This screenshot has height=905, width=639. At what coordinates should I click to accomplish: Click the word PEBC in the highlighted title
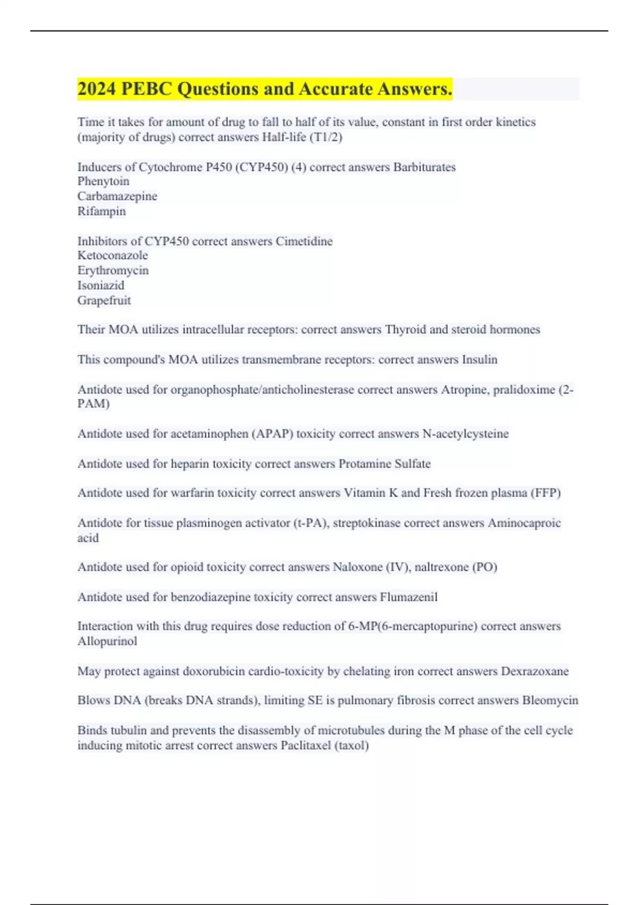tap(146, 89)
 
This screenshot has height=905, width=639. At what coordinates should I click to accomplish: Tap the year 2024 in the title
tap(97, 89)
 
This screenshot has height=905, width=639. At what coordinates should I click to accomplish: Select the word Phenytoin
tap(103, 182)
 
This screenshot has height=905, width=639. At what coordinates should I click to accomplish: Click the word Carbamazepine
tap(117, 196)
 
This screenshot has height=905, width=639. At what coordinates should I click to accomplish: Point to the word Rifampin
tap(102, 211)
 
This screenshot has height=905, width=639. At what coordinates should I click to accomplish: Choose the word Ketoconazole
tap(113, 256)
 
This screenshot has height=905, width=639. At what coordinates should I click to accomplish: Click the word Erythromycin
tap(113, 270)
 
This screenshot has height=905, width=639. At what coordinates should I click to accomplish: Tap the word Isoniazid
tap(101, 285)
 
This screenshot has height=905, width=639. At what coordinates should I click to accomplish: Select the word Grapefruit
tap(104, 300)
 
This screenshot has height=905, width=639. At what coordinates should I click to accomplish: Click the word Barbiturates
tap(424, 167)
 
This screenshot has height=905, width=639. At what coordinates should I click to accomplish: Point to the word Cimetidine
tap(304, 241)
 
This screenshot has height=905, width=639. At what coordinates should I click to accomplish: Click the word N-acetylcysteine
tap(465, 434)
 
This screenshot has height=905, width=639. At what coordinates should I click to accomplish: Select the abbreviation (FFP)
tap(545, 493)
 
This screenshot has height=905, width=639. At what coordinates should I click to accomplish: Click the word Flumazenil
tap(408, 597)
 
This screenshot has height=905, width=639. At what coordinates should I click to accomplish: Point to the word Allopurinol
tap(107, 641)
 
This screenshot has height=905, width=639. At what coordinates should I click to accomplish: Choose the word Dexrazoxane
tap(535, 671)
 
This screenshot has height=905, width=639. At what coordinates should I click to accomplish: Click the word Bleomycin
tap(550, 701)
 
